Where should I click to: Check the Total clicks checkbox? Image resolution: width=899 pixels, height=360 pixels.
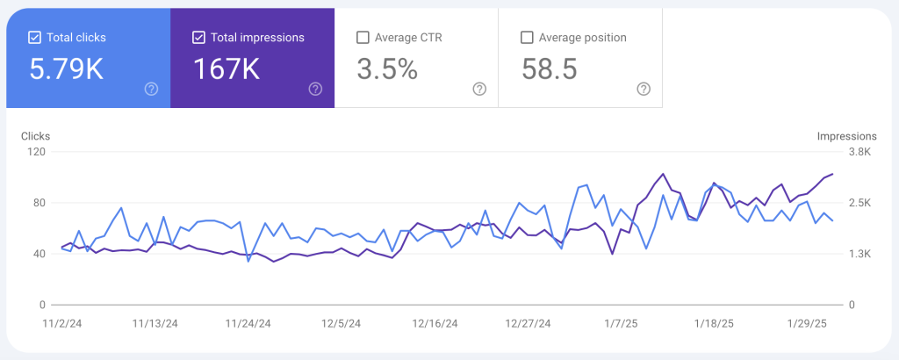pos(35,38)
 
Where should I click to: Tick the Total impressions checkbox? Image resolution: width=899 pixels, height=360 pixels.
pos(198,38)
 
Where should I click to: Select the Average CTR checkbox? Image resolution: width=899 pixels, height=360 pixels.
pos(363,38)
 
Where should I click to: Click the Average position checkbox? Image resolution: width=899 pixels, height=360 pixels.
pos(527,38)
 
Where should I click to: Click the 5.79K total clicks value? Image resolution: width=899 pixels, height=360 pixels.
pos(67,68)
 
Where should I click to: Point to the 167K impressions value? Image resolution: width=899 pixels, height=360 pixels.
pos(226,68)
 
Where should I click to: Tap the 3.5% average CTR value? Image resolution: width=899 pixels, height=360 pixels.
pos(387,68)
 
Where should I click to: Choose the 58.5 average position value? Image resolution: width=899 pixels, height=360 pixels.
pos(550,68)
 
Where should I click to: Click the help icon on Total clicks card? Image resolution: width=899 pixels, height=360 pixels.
pos(151,89)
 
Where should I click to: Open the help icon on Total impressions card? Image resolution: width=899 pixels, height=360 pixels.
pos(315,89)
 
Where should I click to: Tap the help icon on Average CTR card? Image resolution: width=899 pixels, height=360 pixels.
pos(479,89)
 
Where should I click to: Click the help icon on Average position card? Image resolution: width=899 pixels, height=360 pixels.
pos(644,89)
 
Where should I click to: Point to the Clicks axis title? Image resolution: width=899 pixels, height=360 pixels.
pos(35,136)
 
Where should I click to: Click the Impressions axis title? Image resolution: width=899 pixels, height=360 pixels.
pos(846,136)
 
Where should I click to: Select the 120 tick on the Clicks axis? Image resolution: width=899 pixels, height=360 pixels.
pos(36,152)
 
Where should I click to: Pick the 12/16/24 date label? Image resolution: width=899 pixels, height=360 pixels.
pos(435,323)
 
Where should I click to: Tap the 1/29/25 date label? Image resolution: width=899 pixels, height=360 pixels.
pos(808,323)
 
